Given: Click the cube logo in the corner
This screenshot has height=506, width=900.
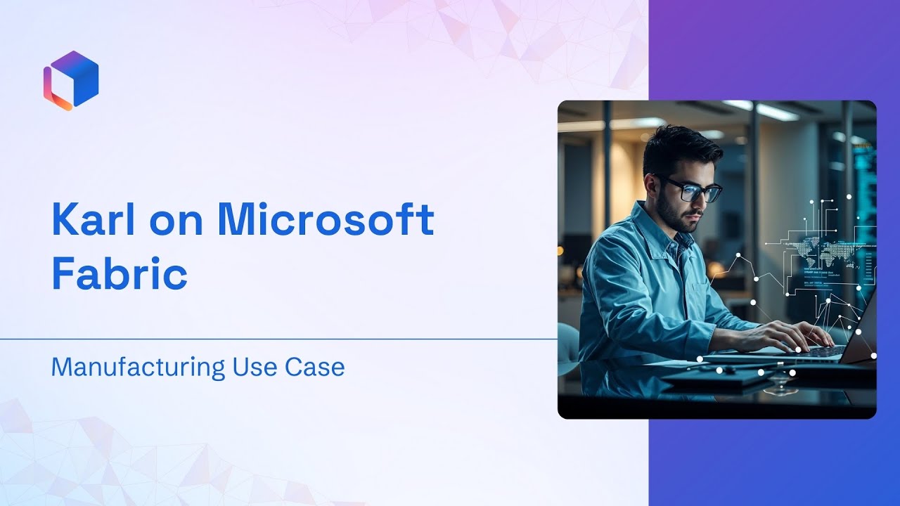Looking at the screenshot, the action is coord(71,80).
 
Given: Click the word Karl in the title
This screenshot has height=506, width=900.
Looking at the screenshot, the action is coord(94,220).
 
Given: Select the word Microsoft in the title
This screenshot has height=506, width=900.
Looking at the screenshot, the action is coord(326,220).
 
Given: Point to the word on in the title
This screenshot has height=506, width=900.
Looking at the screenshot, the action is coord(176,224).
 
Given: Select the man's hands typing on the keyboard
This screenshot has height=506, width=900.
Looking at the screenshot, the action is coord(787,337).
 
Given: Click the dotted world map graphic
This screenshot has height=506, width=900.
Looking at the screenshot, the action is coord(831,252).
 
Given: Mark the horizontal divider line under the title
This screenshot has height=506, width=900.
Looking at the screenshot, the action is coord(279,339).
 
